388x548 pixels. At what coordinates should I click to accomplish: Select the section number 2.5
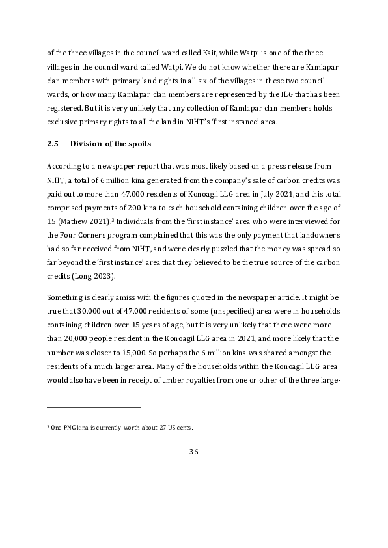pyautogui.click(x=54, y=143)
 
